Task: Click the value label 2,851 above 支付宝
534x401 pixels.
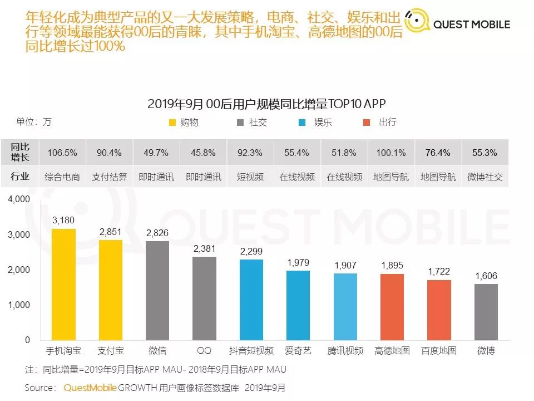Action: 110,232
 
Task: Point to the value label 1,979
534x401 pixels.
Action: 298,262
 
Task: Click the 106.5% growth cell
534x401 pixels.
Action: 63,153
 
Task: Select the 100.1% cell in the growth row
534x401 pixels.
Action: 391,153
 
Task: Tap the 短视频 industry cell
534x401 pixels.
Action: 250,177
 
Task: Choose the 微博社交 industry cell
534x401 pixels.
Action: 485,177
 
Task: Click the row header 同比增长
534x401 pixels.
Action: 20,153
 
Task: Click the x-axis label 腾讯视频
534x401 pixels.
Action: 345,351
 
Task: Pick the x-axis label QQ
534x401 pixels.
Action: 204,351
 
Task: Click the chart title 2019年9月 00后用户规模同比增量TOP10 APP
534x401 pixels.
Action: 266,104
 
